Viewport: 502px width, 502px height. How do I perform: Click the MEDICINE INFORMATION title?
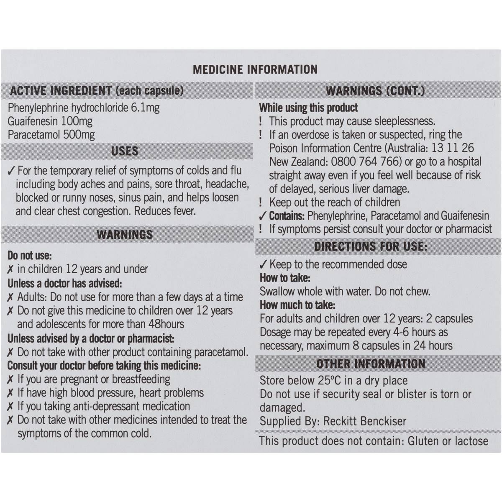[x=255, y=69]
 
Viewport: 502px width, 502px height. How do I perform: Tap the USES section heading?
[x=125, y=151]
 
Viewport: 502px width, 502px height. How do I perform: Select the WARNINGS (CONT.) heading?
[x=375, y=91]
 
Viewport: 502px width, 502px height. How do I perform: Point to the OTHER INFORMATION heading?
[x=371, y=364]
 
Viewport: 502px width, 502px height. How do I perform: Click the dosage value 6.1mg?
[x=145, y=108]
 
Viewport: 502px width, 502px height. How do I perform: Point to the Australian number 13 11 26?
[x=453, y=148]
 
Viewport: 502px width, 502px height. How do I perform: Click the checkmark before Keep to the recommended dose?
[x=263, y=264]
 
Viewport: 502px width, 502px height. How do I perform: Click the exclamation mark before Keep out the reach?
[x=261, y=202]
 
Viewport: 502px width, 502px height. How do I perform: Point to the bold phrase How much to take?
[x=297, y=305]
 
